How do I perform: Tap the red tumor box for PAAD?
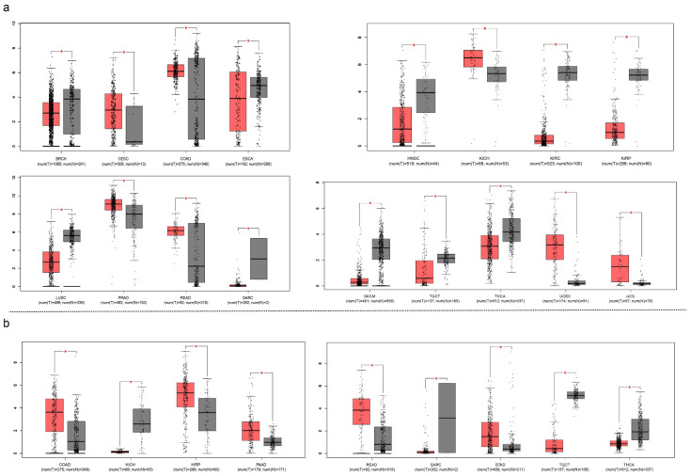pyautogui.click(x=250, y=430)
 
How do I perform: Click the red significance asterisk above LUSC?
pyautogui.click(x=61, y=210)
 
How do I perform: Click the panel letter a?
pyautogui.click(x=8, y=7)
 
